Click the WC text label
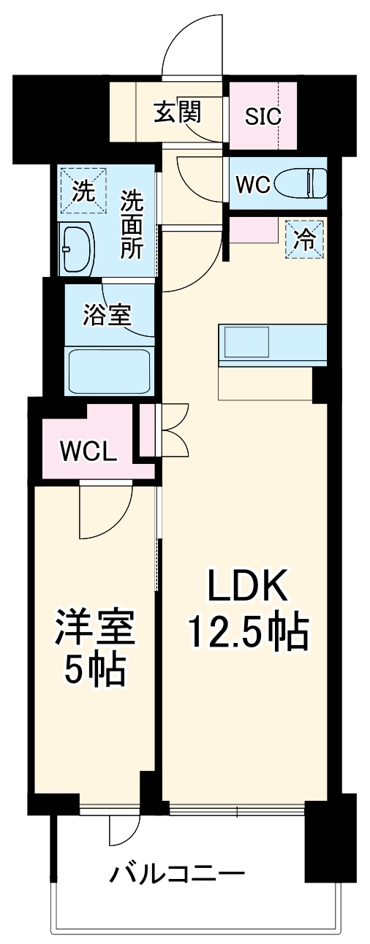pyautogui.click(x=254, y=185)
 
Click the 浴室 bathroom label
pyautogui.click(x=107, y=316)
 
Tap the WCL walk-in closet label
pyautogui.click(x=88, y=451)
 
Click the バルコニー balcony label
pyautogui.click(x=177, y=873)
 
